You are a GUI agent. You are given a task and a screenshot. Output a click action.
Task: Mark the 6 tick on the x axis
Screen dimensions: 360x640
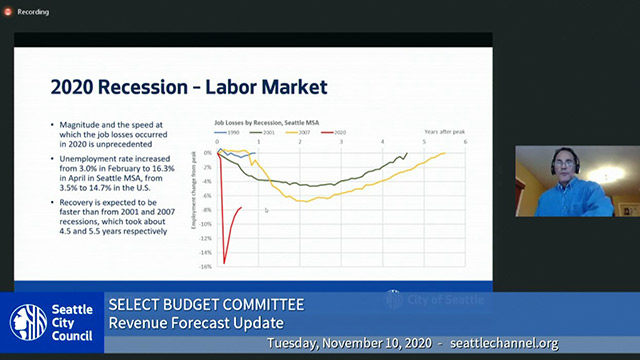tap(465, 142)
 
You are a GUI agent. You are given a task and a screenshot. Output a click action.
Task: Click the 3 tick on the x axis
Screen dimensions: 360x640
tap(342, 142)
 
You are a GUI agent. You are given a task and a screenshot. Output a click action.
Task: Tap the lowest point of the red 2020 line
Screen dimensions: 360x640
tap(224, 263)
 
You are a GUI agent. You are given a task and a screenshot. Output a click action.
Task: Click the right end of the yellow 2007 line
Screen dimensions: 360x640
tap(445, 153)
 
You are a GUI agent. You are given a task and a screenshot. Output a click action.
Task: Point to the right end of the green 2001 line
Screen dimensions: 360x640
tap(407, 154)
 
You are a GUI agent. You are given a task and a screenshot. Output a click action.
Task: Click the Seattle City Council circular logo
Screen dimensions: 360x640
tap(28, 322)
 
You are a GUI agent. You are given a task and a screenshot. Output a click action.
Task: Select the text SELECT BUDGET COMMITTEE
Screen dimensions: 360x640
tap(206, 304)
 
